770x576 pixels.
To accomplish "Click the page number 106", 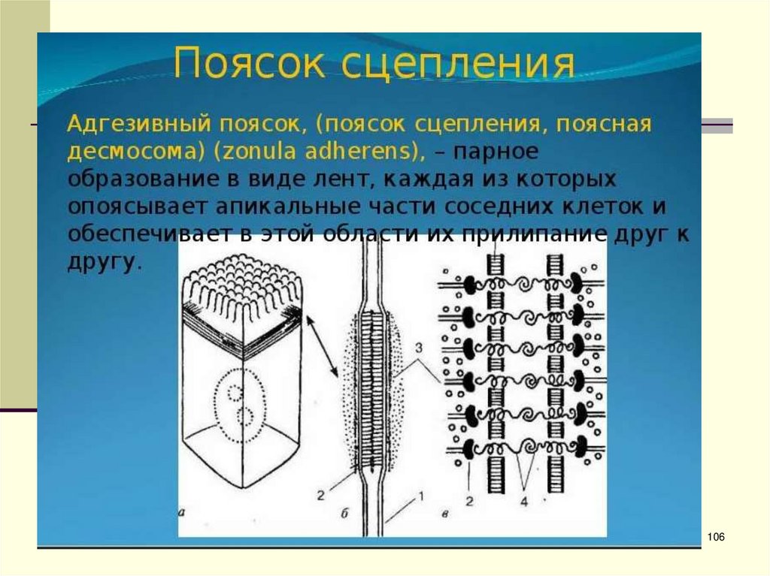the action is (x=716, y=536).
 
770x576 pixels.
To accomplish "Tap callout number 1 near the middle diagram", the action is (x=421, y=496).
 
